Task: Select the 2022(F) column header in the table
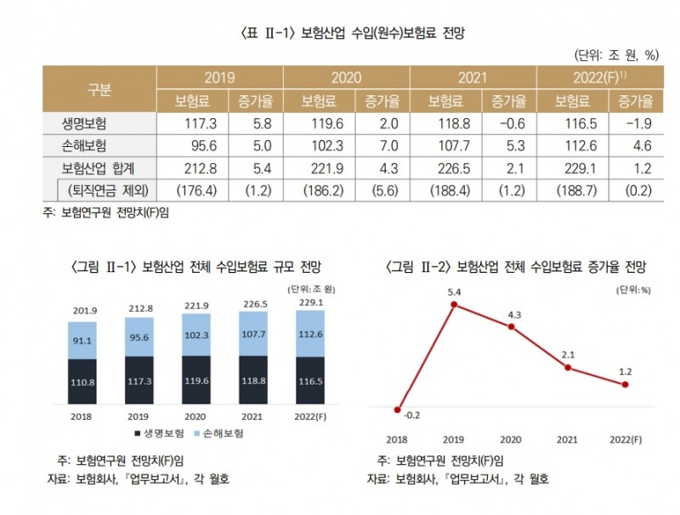598,77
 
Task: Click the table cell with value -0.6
505,123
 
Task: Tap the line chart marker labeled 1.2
625,384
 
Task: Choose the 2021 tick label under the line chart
567,439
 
